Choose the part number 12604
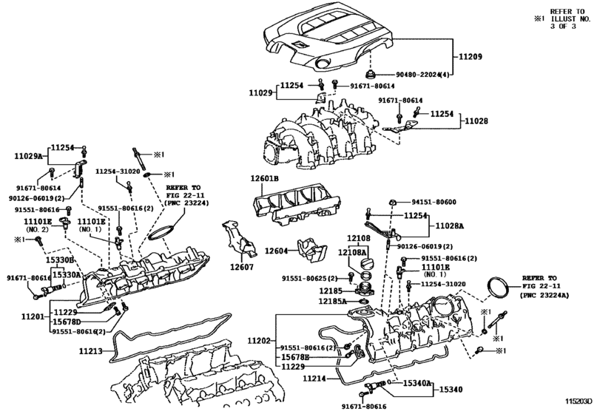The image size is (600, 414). coord(276,252)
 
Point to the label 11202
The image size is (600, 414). coord(259,339)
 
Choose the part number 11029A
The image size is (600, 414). coord(29,157)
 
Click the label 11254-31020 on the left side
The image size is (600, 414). coord(120,170)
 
